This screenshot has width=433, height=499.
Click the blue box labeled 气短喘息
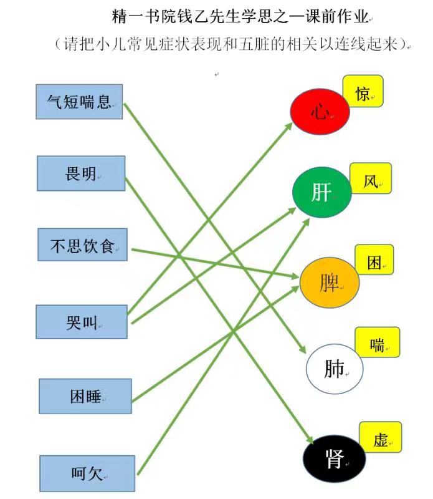click(x=79, y=102)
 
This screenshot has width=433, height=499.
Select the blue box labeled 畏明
click(x=81, y=173)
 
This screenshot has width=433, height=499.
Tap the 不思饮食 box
click(x=82, y=245)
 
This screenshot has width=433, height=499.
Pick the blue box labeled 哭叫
click(x=82, y=322)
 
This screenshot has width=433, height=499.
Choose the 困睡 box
click(x=85, y=396)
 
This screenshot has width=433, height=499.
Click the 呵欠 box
click(x=87, y=473)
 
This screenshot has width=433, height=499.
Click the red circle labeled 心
click(x=320, y=112)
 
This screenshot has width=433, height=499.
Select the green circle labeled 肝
click(x=322, y=192)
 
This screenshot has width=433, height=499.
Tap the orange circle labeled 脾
click(x=330, y=283)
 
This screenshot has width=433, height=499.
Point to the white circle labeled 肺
click(x=335, y=369)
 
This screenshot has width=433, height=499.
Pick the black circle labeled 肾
click(x=334, y=458)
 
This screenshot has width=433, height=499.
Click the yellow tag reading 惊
click(x=363, y=91)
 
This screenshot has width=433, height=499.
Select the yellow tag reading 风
click(x=371, y=178)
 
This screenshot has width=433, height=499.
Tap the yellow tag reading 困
click(x=374, y=260)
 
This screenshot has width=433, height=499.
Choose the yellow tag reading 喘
click(x=378, y=342)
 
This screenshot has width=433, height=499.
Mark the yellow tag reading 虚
click(x=381, y=437)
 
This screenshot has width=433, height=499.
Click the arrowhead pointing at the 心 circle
click(x=289, y=126)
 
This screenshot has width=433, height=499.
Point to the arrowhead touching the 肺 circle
click(x=302, y=349)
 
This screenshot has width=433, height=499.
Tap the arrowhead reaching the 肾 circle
click(x=310, y=440)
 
